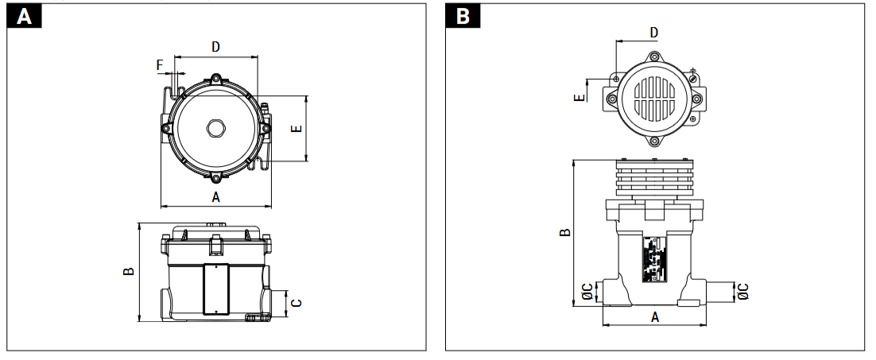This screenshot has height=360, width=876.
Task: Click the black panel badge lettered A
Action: pos(24,16)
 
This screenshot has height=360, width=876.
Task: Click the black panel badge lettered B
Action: pos(463,16)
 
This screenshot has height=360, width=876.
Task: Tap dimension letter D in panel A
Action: pos(215,47)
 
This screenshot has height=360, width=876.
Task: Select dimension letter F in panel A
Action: pos(160,65)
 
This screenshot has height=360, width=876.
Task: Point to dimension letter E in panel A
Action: pos(297,128)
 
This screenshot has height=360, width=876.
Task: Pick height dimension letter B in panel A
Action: pos(129,271)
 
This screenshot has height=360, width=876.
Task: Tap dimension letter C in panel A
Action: pos(297,303)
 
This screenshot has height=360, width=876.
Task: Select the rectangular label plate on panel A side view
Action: pos(215,289)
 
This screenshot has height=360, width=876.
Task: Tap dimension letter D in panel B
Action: pos(654,33)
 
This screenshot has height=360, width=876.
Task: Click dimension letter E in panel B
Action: pos(579,98)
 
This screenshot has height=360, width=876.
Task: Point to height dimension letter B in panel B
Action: pos(565,232)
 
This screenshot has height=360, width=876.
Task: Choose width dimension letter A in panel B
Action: pos(655,317)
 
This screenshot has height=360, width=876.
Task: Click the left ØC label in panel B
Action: pos(587,292)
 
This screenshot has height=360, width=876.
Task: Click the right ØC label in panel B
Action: pos(742,292)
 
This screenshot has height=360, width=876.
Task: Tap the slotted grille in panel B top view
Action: pos(655,99)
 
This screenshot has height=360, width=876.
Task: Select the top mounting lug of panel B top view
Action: pos(654,57)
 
